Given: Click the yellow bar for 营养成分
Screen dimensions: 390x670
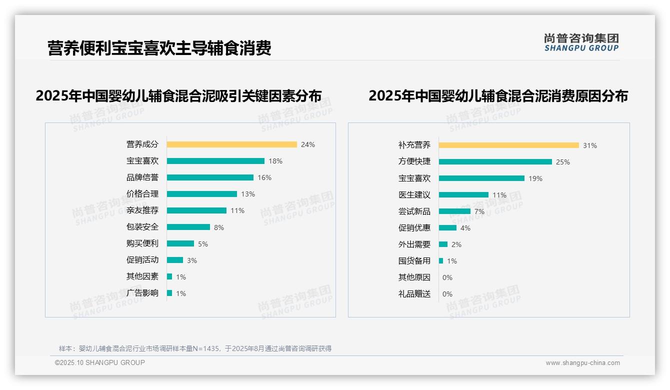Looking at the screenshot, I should [x=231, y=144].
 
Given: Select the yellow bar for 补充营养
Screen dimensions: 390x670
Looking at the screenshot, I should [x=508, y=145].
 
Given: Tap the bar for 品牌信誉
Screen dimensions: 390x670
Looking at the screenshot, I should [x=210, y=177].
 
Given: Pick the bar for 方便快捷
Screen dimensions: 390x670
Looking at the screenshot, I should [x=495, y=162].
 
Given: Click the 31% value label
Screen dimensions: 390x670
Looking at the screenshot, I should [x=589, y=145].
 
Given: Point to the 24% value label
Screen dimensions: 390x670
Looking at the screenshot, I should [x=307, y=144].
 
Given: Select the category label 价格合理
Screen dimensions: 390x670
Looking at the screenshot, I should [x=142, y=194].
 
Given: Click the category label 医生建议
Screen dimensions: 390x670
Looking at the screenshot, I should [x=414, y=195].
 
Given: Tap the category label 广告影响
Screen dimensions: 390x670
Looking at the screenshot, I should [x=142, y=293].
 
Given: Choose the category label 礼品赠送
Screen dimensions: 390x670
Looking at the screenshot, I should [x=414, y=294].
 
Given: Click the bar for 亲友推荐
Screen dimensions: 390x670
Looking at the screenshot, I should [x=196, y=210].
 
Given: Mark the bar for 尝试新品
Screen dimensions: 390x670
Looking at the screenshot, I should [x=454, y=211].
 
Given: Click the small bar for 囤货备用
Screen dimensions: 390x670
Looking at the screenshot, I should [x=441, y=261].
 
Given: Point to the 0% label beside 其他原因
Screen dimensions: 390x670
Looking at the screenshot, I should [x=447, y=277].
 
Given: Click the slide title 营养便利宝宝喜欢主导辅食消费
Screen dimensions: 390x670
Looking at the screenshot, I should [x=159, y=48].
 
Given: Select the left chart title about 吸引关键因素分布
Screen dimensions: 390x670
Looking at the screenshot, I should [x=178, y=95].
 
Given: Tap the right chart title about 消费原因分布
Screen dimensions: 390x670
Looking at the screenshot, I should [x=498, y=95].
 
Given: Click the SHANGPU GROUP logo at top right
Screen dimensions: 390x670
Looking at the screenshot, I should [x=581, y=42].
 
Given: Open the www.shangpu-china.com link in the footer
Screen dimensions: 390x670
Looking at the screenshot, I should [x=582, y=363].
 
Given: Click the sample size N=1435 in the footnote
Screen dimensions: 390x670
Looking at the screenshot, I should [x=203, y=348].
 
